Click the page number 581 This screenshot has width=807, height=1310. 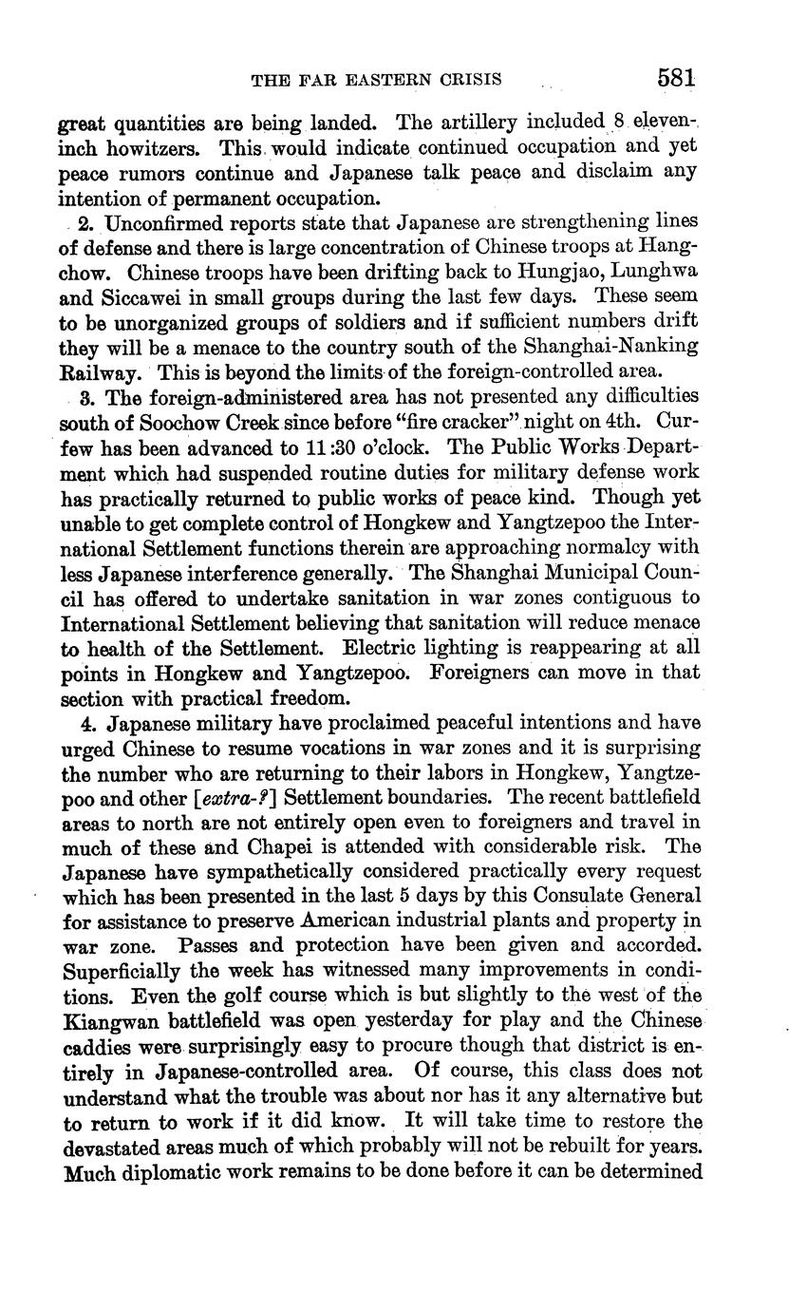[x=675, y=79]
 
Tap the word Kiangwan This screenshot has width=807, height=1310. [x=106, y=1020]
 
